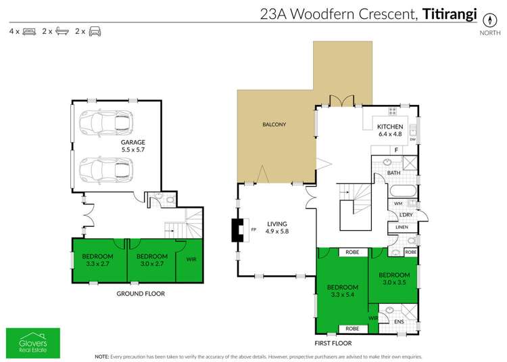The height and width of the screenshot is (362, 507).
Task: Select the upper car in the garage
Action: pos(104,122)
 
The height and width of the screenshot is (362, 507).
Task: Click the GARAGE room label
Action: pos(132,143)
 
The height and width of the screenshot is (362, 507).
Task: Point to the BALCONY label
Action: pos(274,125)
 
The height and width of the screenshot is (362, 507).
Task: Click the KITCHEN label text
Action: pos(390,127)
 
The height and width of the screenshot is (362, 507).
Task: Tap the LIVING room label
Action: pos(276,224)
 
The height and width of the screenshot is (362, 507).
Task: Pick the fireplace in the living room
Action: pos(238,231)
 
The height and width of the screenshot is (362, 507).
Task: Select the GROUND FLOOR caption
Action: pos(140,294)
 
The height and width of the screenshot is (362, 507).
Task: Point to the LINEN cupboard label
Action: pos(403,227)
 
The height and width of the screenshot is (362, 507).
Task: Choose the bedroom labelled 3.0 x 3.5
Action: pos(394,278)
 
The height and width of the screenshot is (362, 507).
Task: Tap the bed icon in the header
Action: pos(29,31)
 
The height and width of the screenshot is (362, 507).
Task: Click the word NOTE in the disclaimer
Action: pos(101,356)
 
